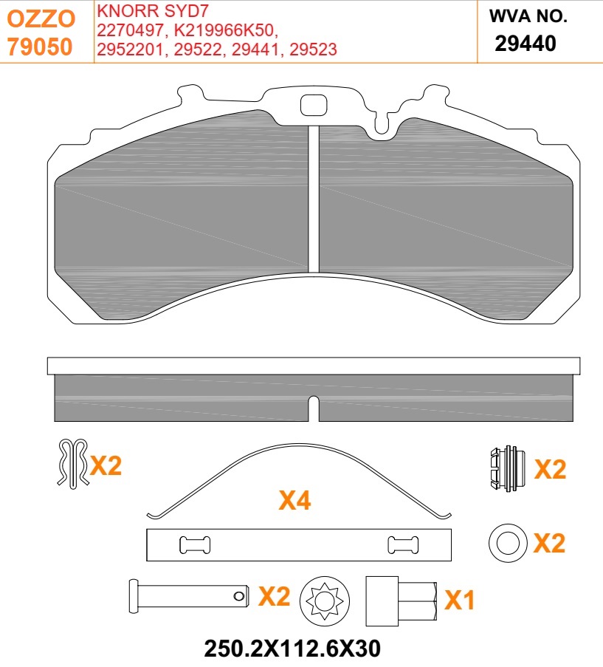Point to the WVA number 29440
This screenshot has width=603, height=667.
[525, 44]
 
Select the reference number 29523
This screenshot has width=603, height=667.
[314, 49]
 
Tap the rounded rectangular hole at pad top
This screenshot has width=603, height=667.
[314, 106]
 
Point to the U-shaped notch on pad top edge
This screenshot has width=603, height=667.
[381, 126]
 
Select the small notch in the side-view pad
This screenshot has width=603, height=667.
[313, 408]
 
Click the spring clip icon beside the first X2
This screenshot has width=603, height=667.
[72, 463]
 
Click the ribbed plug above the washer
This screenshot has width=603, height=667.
[506, 469]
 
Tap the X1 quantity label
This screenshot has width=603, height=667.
[461, 601]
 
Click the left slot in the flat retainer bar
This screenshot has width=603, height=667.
[195, 545]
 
